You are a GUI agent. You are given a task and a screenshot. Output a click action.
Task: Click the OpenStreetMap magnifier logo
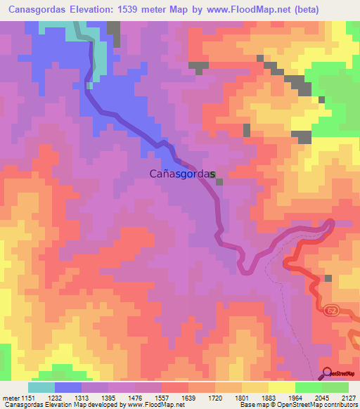coord(327,373)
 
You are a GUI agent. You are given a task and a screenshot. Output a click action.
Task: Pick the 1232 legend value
coord(53,397)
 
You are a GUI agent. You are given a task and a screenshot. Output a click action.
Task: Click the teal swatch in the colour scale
coord(41,387)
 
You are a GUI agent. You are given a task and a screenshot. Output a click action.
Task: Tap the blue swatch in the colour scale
coord(68,387)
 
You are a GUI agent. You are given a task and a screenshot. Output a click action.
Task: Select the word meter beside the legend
coord(8,397)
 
